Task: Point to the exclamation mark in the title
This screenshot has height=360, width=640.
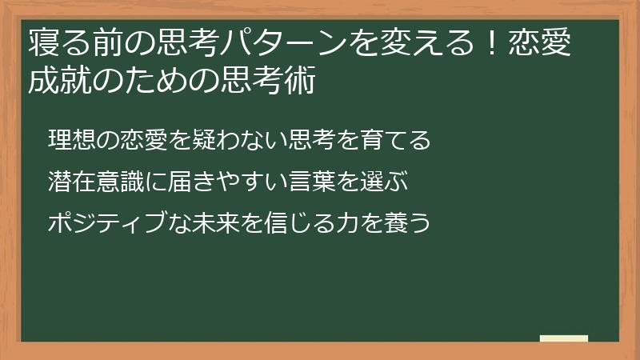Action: tap(492, 43)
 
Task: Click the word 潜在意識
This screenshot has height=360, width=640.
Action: tap(95, 182)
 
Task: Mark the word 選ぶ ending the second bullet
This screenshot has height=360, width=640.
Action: tap(384, 182)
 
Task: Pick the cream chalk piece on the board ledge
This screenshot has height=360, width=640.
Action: tap(564, 338)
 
